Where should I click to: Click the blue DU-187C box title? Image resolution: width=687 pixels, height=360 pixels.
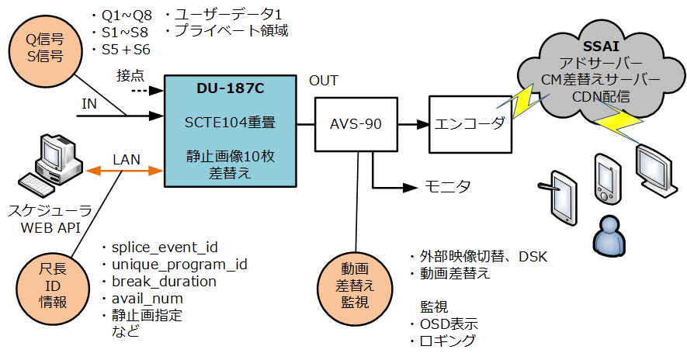point(230,88)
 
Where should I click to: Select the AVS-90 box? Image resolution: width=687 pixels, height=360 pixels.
point(356,124)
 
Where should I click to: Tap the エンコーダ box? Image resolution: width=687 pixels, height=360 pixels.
point(470,124)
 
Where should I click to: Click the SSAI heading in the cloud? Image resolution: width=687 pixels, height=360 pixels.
point(600,46)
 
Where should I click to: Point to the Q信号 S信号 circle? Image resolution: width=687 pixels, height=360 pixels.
point(45,48)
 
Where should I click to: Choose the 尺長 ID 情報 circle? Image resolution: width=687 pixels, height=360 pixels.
point(53,286)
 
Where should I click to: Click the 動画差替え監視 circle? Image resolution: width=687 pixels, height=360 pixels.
point(355,286)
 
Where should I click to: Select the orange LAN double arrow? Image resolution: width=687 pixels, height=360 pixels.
point(125,171)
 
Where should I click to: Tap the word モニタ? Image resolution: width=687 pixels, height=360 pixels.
point(448,187)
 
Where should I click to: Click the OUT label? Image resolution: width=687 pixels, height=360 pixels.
point(324,81)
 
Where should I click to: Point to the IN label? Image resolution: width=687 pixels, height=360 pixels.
point(89,104)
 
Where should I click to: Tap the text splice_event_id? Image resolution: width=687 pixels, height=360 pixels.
point(165,247)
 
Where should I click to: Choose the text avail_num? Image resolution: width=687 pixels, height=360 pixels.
point(147,299)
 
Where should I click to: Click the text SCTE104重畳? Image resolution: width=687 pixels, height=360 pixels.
point(230,122)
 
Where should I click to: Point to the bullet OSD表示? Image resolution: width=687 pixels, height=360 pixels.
point(443,324)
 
